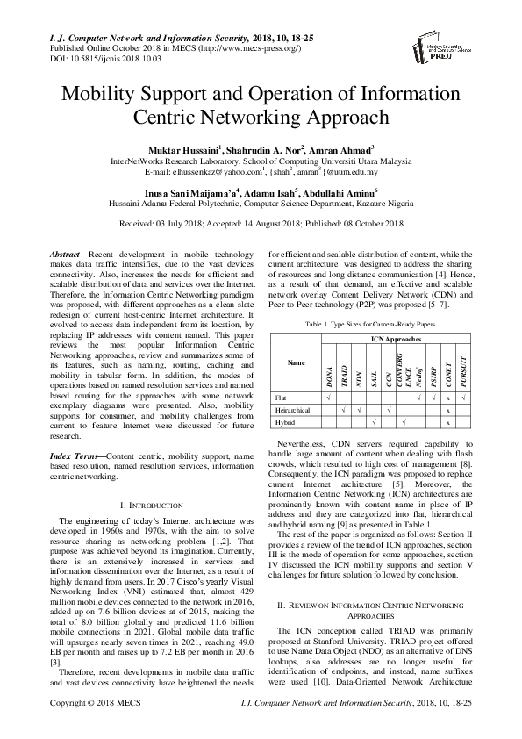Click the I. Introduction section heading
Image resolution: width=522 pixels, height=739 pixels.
pos(149,506)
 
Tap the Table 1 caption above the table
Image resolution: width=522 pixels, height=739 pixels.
pos(371,324)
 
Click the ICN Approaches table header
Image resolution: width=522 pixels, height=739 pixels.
pos(396,337)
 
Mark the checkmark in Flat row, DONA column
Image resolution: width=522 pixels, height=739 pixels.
pos(328,397)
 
